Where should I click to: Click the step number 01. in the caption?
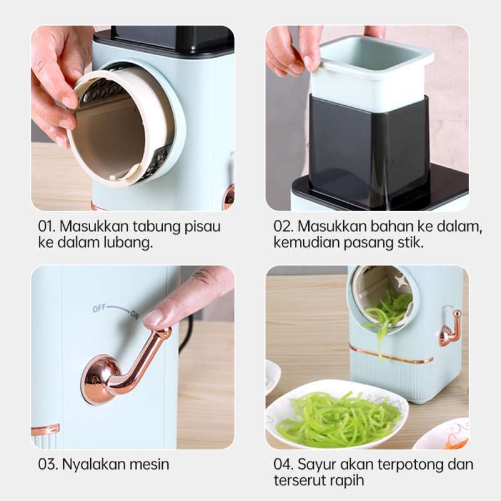[x=48, y=227]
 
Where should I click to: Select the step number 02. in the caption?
[x=284, y=227]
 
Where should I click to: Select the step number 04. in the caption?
[x=284, y=465]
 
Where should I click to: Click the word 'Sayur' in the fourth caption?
[x=318, y=465]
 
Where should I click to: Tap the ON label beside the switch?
[x=134, y=315]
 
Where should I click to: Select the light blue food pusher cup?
[x=369, y=72]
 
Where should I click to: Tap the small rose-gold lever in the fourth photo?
[x=450, y=328]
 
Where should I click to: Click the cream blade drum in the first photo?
[x=119, y=125]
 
